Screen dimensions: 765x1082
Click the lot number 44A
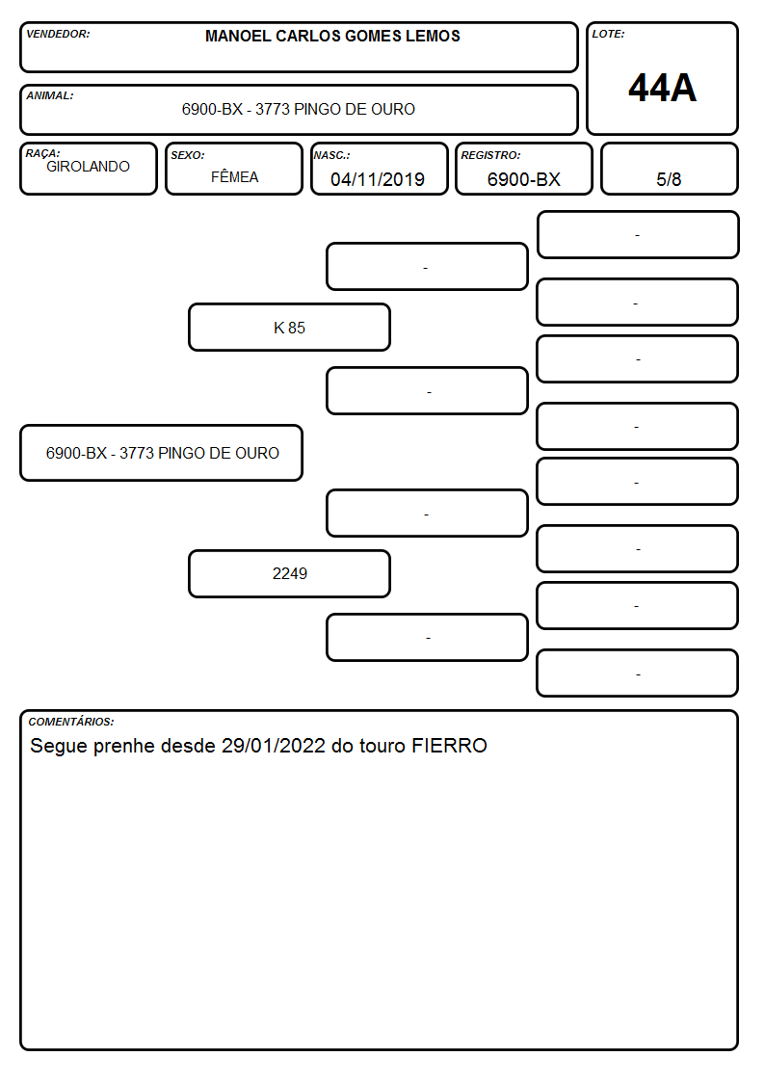point(662,89)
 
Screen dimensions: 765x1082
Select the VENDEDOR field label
point(58,34)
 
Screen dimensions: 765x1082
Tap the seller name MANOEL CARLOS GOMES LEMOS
point(332,36)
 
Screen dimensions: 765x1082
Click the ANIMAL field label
point(50,96)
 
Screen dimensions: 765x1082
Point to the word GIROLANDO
point(88,167)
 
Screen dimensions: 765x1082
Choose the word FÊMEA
point(234,176)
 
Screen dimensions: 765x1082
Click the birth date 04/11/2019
point(378,179)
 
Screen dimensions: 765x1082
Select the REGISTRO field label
point(490,155)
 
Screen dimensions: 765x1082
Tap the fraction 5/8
point(669,179)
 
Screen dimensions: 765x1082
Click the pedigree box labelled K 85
point(289,327)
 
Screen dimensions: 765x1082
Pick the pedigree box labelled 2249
point(289,573)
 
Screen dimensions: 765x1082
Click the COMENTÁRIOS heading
point(71,722)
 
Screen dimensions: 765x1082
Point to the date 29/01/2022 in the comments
point(274,746)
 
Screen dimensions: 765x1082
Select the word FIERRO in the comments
point(449,746)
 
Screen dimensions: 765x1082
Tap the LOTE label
point(608,34)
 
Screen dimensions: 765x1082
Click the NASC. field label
point(331,155)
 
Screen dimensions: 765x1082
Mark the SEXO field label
point(188,155)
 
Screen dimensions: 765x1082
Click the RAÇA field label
point(42,153)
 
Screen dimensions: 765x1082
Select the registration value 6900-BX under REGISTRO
point(523,179)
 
